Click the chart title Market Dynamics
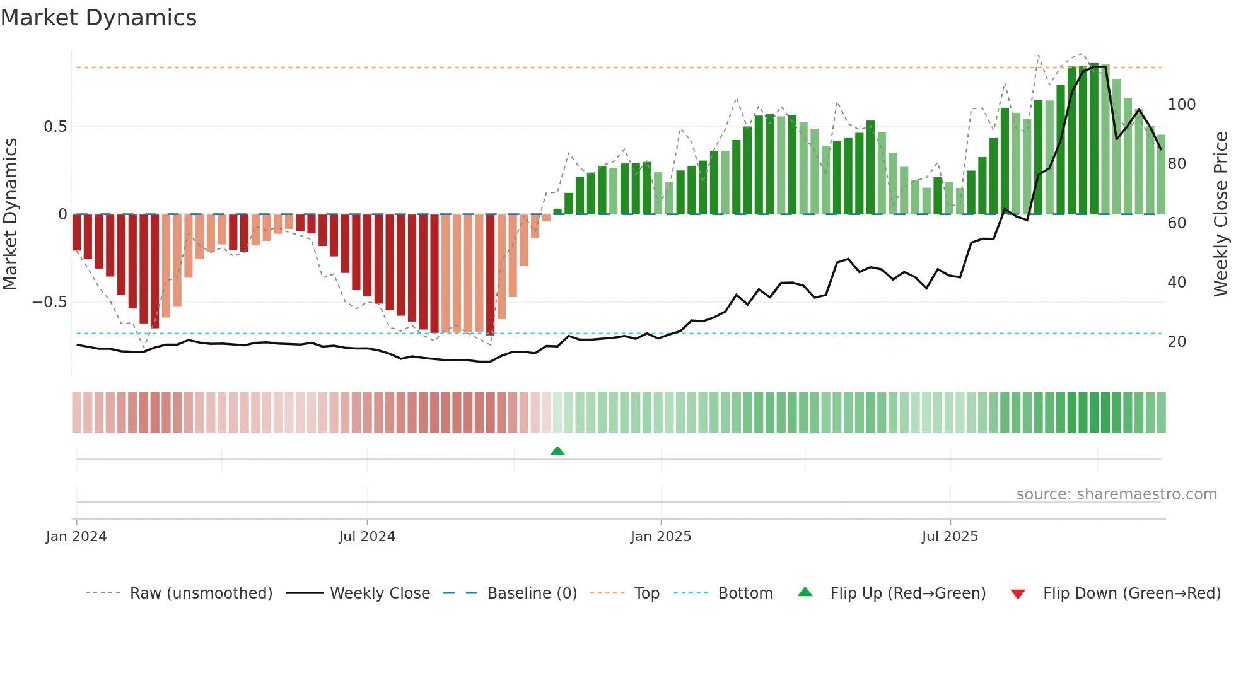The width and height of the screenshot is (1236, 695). tap(98, 18)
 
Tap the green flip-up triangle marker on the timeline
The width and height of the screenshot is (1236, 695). tap(557, 451)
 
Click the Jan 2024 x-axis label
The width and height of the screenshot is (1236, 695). tap(76, 537)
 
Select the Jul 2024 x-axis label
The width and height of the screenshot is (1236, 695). tap(367, 537)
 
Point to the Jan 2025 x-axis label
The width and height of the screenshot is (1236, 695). tap(661, 537)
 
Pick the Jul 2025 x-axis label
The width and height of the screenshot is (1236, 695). tap(950, 537)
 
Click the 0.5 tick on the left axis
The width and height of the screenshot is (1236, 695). tap(55, 127)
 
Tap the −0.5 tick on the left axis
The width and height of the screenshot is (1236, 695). tap(50, 302)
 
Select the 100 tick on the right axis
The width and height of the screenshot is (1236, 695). tap(1181, 105)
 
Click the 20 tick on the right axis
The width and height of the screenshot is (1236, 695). tap(1177, 342)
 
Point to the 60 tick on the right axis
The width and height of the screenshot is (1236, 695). tap(1177, 223)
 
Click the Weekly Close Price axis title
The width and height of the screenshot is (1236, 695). tap(1221, 214)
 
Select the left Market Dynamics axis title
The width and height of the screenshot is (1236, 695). tap(10, 214)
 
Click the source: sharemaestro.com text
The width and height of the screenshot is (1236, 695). tap(1116, 494)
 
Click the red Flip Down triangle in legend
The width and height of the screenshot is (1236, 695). tap(1018, 594)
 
